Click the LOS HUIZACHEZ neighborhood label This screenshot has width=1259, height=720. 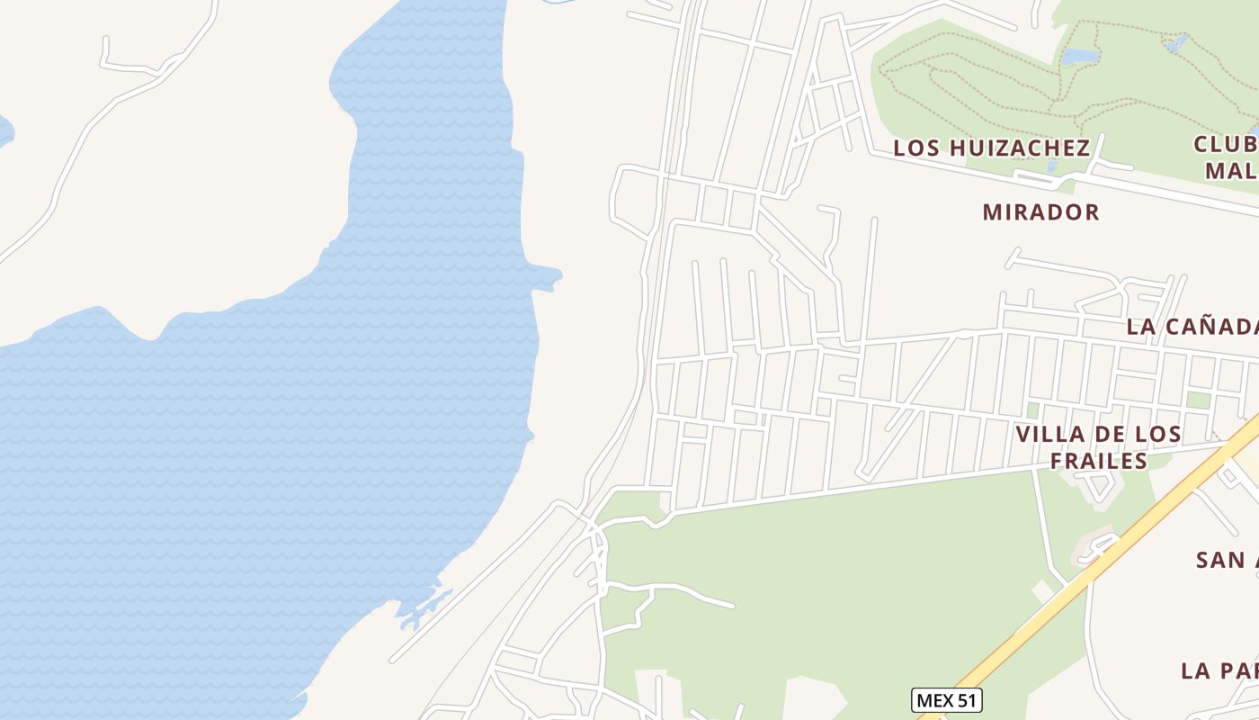991,148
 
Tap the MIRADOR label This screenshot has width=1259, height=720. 1040,212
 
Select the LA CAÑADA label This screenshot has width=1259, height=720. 1192,327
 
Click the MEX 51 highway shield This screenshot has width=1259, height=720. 947,700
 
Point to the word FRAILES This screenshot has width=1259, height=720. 1098,462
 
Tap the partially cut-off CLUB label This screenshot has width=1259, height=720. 1226,144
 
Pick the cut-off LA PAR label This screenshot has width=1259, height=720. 1219,670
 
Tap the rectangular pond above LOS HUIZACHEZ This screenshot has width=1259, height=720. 1079,56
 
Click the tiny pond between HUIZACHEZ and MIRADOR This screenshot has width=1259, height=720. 1052,167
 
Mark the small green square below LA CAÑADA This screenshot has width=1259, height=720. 1197,400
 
